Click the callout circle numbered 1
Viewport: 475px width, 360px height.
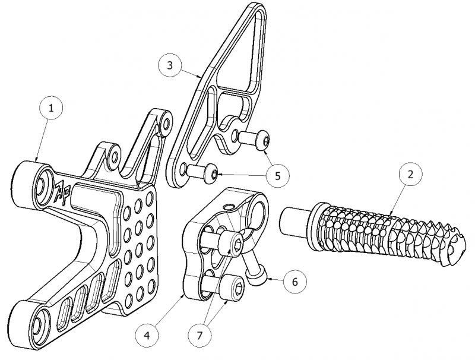pos(51,108)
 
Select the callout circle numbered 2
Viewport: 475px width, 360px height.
pos(410,175)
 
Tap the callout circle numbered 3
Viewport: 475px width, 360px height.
pos(170,65)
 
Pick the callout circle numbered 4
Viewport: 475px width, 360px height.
pos(147,336)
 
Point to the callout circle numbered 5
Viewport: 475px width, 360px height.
pos(278,176)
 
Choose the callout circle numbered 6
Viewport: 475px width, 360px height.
pos(295,282)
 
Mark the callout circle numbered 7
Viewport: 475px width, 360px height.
pos(199,336)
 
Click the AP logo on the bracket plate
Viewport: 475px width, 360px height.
pos(62,194)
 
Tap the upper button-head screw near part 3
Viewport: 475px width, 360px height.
pos(254,140)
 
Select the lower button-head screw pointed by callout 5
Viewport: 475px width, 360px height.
pos(202,172)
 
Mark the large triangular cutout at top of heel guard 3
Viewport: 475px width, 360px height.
pos(242,50)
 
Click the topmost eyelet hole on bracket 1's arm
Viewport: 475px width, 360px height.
pos(166,124)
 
